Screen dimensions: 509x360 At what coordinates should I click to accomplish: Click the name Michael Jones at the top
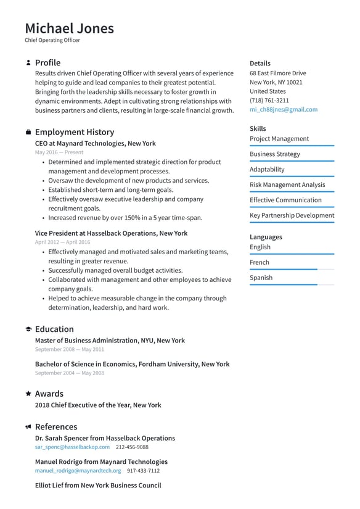point(69,28)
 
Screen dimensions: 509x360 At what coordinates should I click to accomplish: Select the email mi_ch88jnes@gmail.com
point(284,109)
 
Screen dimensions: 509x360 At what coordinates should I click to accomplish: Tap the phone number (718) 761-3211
point(269,100)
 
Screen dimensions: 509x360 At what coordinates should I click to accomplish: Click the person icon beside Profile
point(28,63)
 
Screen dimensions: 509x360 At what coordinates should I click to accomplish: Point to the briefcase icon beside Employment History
point(28,132)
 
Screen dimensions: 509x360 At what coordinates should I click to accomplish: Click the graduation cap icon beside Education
point(28,329)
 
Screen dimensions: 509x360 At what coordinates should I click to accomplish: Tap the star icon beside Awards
point(28,394)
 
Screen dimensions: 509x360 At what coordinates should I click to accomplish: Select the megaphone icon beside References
point(28,427)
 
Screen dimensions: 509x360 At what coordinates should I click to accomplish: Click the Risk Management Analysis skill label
point(287,184)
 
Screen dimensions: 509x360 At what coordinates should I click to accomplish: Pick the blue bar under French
point(283,269)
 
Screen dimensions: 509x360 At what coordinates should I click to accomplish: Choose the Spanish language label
point(261,278)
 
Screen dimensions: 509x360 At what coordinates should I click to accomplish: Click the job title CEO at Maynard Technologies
point(95,143)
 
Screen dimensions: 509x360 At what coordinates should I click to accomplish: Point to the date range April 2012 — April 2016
point(62,242)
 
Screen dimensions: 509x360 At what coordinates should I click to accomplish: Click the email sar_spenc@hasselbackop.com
point(72,447)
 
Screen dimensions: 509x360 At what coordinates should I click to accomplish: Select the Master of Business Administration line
point(110,340)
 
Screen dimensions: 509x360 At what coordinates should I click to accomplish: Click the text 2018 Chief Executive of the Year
point(98,405)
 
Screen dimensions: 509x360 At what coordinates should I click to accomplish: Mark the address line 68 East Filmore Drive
point(277,73)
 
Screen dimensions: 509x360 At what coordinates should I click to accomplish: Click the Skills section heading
point(258,128)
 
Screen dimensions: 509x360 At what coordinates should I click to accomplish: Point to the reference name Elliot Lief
point(98,485)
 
